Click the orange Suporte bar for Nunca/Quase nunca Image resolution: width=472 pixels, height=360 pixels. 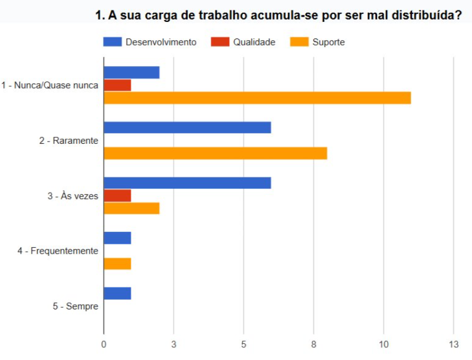[257, 98]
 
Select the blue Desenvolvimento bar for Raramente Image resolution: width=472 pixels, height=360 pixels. [187, 128]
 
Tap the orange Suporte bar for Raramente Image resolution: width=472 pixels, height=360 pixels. [215, 153]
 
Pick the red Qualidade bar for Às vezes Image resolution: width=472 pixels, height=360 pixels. [117, 196]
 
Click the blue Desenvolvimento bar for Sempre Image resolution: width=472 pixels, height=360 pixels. [117, 293]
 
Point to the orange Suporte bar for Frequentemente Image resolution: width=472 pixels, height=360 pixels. [117, 264]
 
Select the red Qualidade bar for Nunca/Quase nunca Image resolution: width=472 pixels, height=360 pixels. [117, 85]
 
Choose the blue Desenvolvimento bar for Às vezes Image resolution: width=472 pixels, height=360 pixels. [187, 183]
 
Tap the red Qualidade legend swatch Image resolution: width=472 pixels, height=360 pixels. [219, 42]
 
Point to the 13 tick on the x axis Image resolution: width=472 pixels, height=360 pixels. [454, 344]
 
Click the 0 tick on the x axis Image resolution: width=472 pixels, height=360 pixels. [104, 344]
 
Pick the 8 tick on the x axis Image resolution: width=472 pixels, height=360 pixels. [314, 344]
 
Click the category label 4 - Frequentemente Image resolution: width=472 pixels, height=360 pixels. [58, 251]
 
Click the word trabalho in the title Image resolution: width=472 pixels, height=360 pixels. [223, 16]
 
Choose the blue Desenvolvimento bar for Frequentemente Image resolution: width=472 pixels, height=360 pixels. [117, 238]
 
